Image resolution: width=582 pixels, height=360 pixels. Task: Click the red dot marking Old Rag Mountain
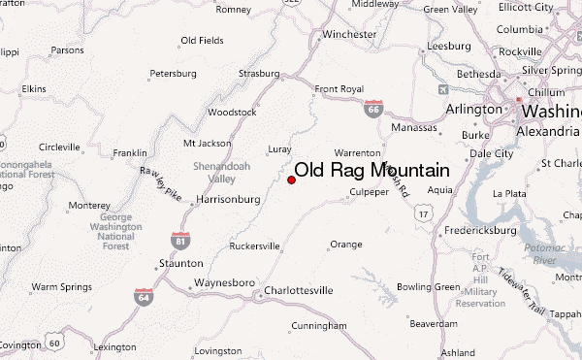coord(291,179)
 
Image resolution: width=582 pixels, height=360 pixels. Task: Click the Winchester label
coord(349,34)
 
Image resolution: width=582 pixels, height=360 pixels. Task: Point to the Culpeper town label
coord(369,192)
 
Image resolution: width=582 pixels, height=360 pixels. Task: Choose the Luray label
coord(279,148)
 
